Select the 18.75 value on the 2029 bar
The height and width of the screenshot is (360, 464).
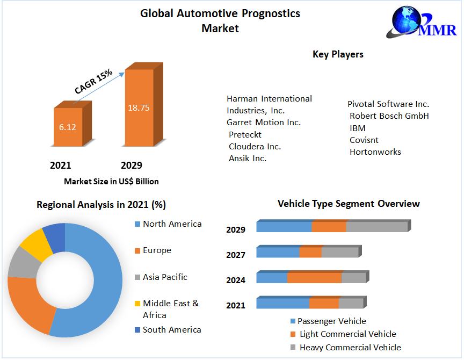[x=138, y=107]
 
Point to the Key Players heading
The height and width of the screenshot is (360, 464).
[x=338, y=54]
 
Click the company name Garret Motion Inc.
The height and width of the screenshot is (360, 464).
[x=264, y=123]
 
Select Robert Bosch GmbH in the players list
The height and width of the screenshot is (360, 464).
[x=389, y=116]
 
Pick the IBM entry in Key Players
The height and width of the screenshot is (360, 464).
[x=357, y=128]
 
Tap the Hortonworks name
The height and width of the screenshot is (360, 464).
[x=375, y=152]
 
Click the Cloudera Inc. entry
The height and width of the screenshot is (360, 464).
[x=255, y=146]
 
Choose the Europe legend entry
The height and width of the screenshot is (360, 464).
[x=156, y=250]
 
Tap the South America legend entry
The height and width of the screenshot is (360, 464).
[x=171, y=330]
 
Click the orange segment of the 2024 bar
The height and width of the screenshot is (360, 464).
[x=314, y=278]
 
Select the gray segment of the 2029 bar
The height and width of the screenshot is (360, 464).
[x=376, y=227]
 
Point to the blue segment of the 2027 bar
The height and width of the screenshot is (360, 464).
[x=278, y=252]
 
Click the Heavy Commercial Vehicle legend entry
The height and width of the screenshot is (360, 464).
[x=350, y=348]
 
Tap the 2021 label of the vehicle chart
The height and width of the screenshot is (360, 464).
[x=236, y=306]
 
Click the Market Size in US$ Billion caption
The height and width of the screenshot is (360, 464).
[x=111, y=182]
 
